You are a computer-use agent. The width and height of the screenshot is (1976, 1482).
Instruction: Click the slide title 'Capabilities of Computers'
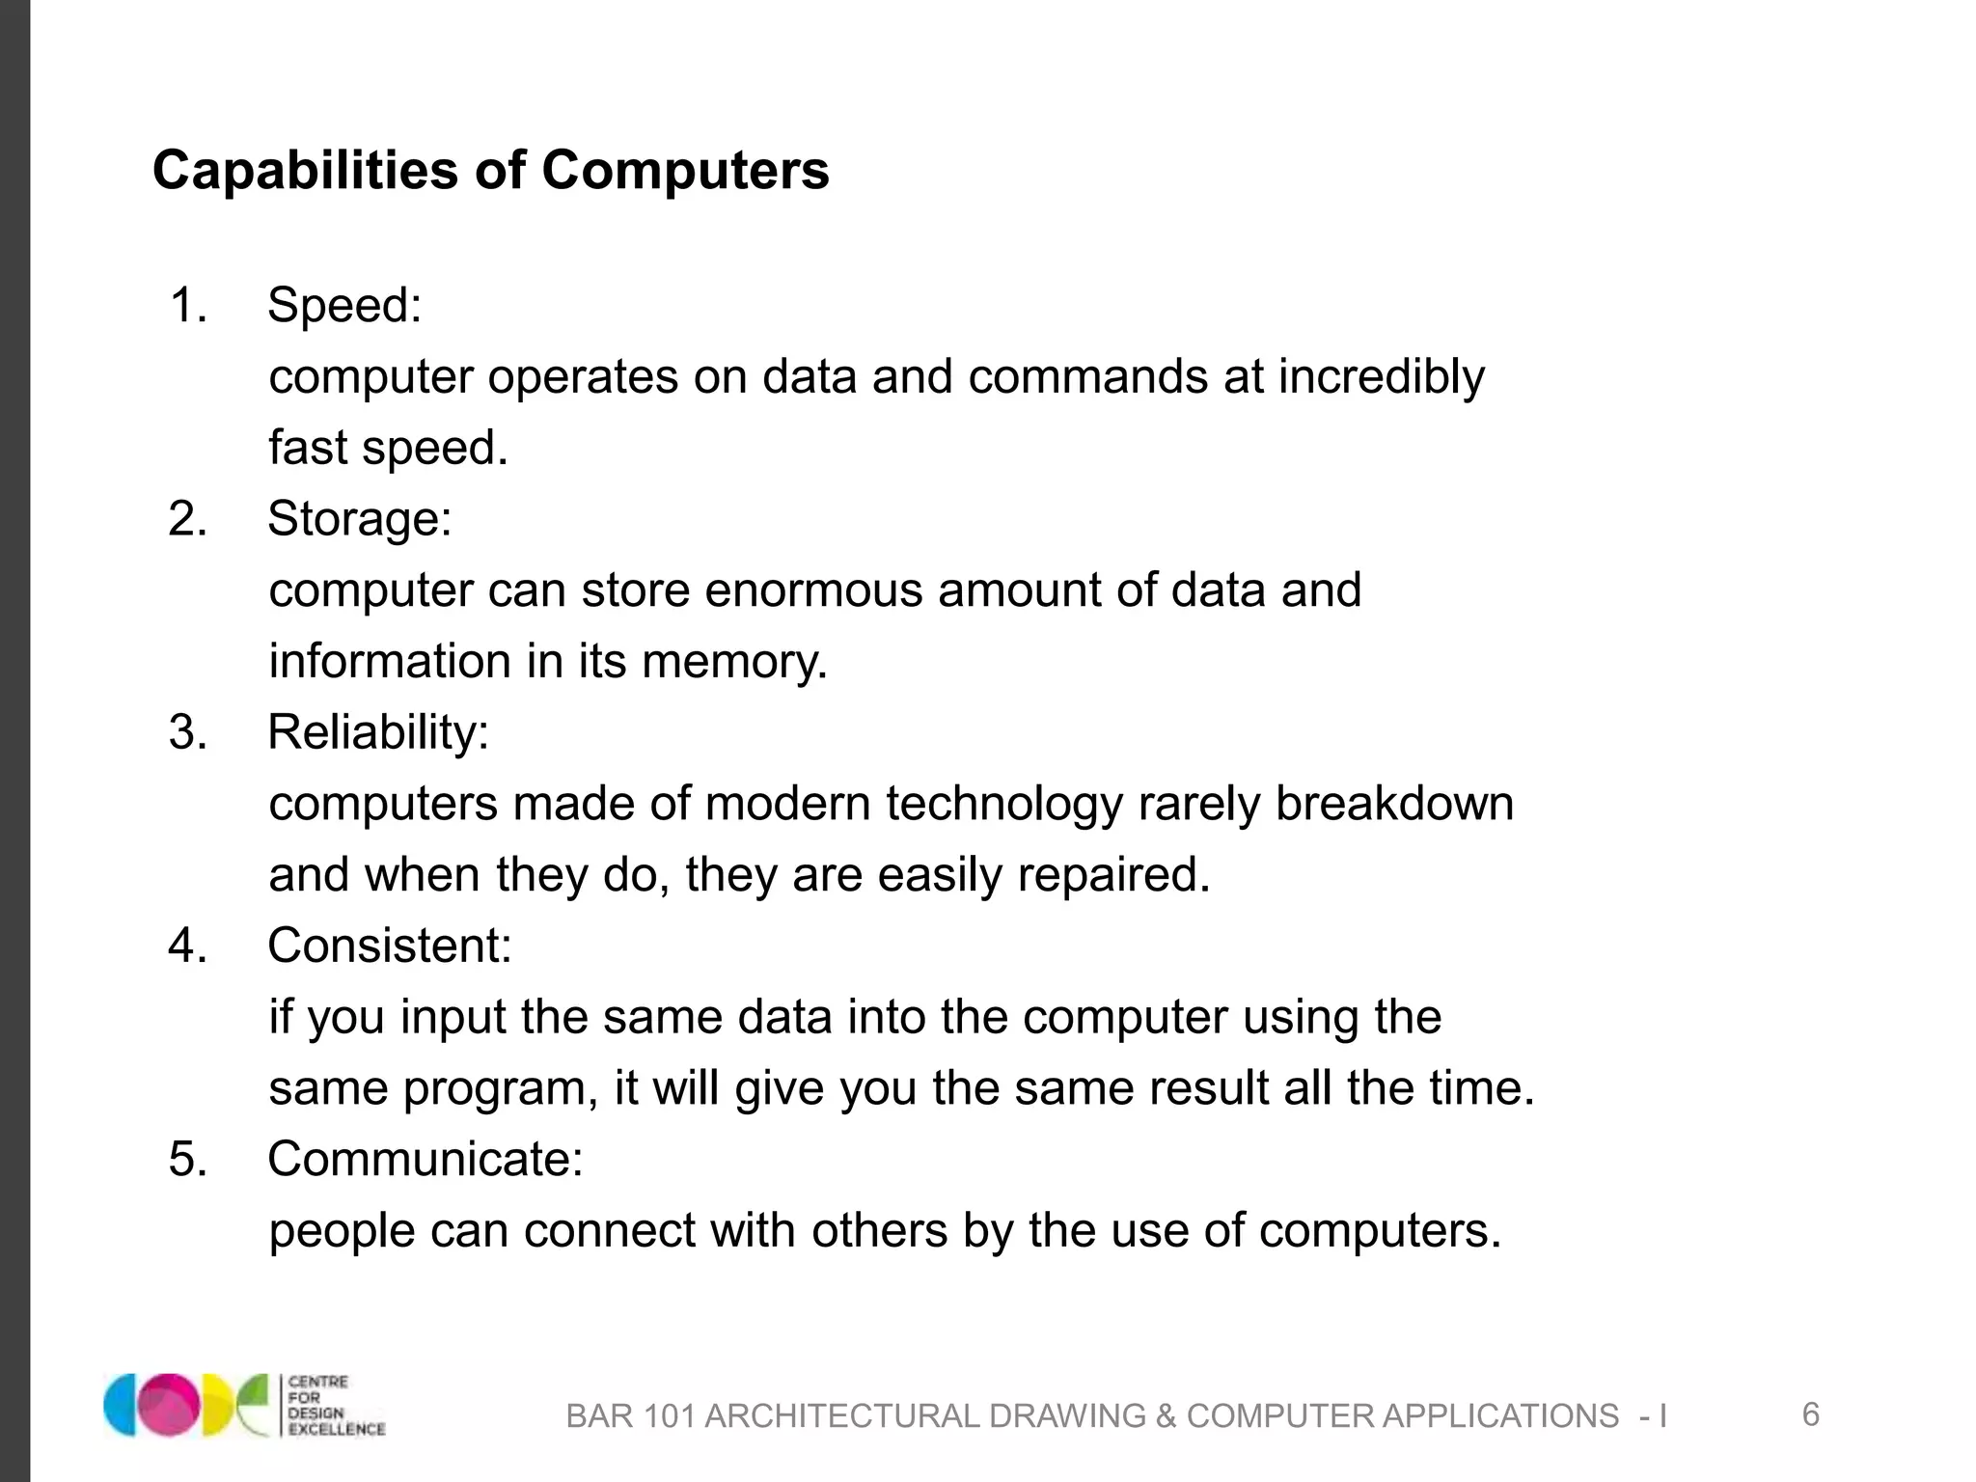tap(490, 171)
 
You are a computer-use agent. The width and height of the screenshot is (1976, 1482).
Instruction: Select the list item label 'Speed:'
tap(344, 305)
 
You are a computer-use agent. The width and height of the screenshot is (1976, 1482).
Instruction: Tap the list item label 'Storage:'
tap(359, 518)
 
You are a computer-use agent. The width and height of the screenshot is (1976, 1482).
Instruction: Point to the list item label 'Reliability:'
tap(378, 731)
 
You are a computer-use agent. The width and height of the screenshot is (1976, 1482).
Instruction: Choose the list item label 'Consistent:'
tap(389, 945)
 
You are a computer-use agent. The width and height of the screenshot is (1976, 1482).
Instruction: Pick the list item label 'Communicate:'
tap(425, 1158)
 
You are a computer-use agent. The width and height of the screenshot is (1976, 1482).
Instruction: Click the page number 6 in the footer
tap(1810, 1414)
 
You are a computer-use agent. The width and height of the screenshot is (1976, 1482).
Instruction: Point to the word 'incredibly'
tap(1381, 377)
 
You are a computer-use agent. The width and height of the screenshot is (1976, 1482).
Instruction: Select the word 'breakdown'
tap(1394, 803)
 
